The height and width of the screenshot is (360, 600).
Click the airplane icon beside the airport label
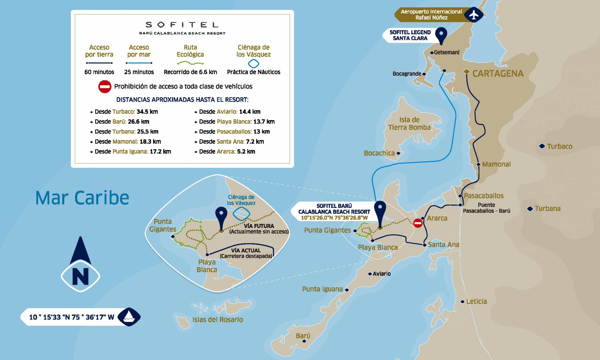tap(474, 15)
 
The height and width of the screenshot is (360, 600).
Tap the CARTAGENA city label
tap(498, 73)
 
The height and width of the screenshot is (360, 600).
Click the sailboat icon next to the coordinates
tap(129, 317)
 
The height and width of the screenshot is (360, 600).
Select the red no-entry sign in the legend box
tap(105, 87)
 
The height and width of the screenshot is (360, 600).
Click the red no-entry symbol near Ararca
tap(418, 223)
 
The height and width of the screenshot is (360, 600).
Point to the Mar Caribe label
tap(82, 198)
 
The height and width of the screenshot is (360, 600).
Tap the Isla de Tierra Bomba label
tap(409, 124)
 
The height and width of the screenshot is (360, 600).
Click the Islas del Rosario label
tap(217, 320)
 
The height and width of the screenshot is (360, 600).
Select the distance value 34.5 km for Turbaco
tap(147, 112)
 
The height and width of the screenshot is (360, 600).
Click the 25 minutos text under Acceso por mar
tap(139, 72)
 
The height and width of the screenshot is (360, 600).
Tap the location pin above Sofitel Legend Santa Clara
tap(441, 35)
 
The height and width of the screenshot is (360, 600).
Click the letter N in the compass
tap(80, 276)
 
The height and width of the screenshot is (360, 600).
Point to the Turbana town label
tap(547, 208)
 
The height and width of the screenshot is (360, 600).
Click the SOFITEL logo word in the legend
tap(182, 25)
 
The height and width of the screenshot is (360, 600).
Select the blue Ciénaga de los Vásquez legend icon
tap(253, 64)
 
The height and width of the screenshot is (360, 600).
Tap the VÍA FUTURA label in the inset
tap(259, 226)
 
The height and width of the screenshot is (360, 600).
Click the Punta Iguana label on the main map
tap(322, 289)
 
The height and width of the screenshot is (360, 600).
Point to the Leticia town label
tap(476, 301)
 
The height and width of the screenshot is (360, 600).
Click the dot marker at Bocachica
tap(398, 153)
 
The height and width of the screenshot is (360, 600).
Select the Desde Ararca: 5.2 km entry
tap(227, 151)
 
